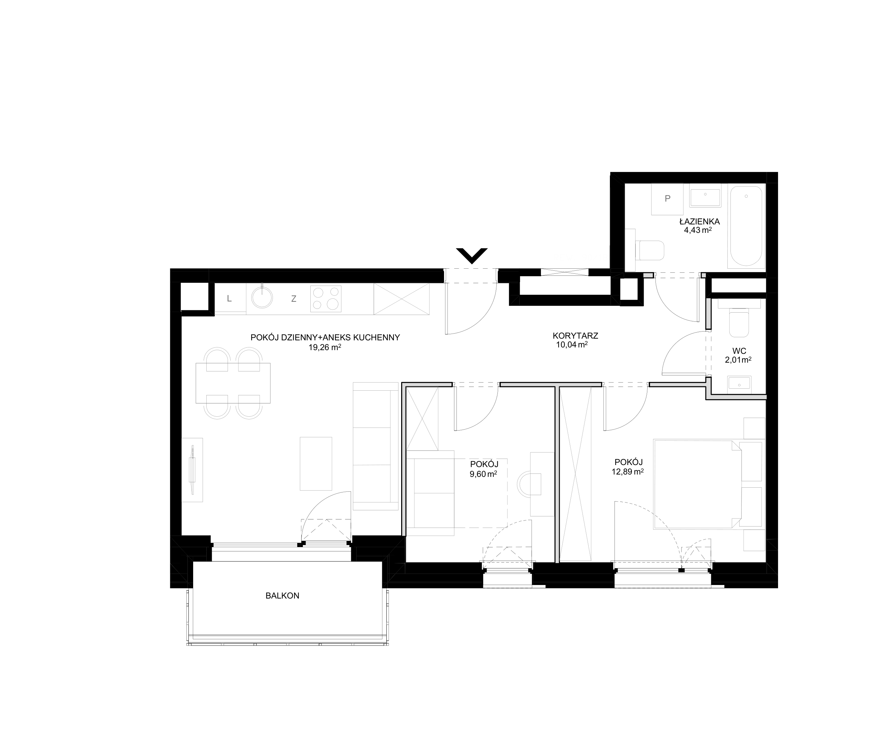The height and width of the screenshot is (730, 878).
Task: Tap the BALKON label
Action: tap(282, 596)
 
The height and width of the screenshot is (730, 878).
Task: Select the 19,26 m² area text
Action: tap(325, 347)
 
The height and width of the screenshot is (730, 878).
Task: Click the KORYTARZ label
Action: tap(575, 336)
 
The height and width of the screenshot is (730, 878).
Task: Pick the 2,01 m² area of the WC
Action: tap(738, 359)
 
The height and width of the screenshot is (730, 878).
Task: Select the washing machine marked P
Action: tap(668, 199)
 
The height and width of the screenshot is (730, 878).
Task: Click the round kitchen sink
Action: tap(262, 298)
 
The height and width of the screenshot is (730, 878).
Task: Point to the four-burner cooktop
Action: tap(326, 299)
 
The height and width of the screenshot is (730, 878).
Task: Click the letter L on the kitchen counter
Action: tap(229, 299)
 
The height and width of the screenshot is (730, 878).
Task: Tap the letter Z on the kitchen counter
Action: tap(294, 299)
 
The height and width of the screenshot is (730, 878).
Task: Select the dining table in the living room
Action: tap(233, 383)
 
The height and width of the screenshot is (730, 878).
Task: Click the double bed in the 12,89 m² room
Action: tap(697, 484)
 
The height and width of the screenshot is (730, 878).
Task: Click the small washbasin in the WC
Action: tap(739, 383)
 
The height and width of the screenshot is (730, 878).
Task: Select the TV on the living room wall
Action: tap(192, 470)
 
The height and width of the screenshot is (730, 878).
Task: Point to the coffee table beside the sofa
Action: tap(316, 464)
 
